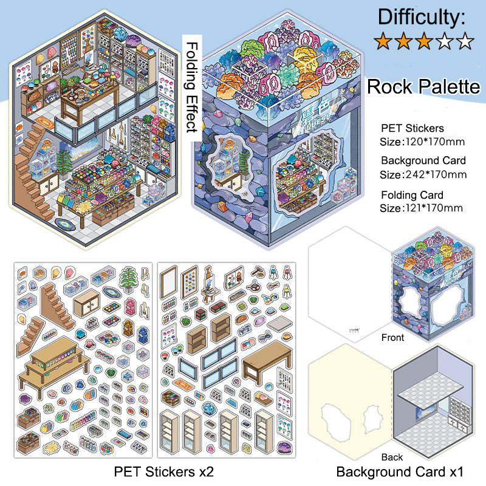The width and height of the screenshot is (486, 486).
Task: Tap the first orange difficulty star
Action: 383,41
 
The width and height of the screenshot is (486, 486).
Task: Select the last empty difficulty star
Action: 465,41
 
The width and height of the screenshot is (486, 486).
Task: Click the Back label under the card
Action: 391,456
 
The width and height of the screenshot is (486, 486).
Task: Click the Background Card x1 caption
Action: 400,471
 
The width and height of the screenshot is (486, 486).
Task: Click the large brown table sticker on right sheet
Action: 268,358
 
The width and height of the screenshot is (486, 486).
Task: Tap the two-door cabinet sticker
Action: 88,300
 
